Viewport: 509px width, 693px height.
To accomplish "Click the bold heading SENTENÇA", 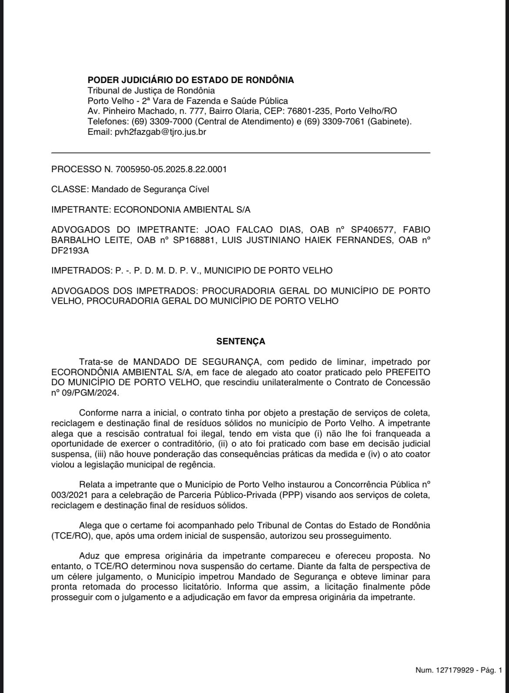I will pyautogui.click(x=241, y=342).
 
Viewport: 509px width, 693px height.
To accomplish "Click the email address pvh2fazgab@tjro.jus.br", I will pyautogui.click(x=160, y=132).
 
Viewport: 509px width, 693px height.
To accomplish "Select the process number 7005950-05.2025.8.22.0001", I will pyautogui.click(x=171, y=169).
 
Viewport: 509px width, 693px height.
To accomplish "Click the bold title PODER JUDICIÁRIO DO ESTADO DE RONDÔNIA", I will pyautogui.click(x=191, y=80).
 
